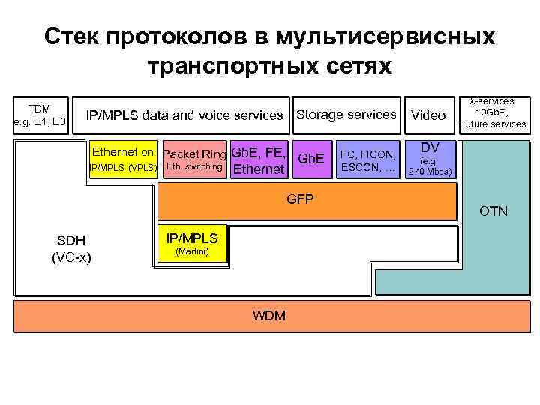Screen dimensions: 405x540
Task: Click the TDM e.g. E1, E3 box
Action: pyautogui.click(x=43, y=115)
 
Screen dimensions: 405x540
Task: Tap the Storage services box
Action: pyautogui.click(x=346, y=115)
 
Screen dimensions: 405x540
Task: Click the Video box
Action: pyautogui.click(x=429, y=115)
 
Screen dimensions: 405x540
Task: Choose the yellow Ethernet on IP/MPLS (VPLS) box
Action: pyautogui.click(x=123, y=159)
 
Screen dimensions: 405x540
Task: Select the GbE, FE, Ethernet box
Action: pyautogui.click(x=259, y=160)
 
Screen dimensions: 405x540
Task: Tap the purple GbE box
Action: pyautogui.click(x=311, y=160)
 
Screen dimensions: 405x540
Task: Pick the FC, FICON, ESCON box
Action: pyautogui.click(x=368, y=160)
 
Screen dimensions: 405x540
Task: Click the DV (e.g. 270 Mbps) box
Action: pyautogui.click(x=430, y=160)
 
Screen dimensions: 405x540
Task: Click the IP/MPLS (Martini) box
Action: pyautogui.click(x=191, y=244)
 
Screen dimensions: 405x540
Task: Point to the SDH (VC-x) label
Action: pyautogui.click(x=71, y=248)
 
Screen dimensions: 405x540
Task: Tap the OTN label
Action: pyautogui.click(x=493, y=211)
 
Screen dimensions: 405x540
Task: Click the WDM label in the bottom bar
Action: pyautogui.click(x=269, y=315)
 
